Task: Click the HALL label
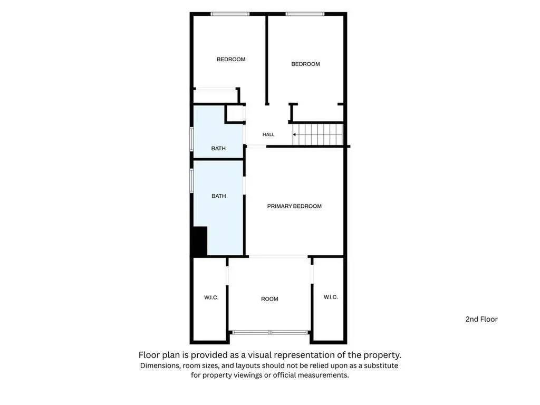tap(268, 134)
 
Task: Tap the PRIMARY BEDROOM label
tap(294, 206)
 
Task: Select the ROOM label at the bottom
tap(269, 299)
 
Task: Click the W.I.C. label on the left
tap(211, 297)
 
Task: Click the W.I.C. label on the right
tap(331, 297)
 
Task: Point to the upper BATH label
tap(218, 148)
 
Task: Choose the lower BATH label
tap(219, 196)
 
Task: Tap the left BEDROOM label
tap(231, 59)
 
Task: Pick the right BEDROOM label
tap(305, 64)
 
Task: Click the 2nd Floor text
tap(481, 319)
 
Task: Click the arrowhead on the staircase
tap(294, 134)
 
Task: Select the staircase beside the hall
tap(318, 134)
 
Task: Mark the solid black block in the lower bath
tap(200, 241)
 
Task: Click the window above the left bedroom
tap(230, 14)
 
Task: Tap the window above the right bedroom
tap(305, 14)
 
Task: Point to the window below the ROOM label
tap(270, 332)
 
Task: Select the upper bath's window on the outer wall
tap(192, 139)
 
